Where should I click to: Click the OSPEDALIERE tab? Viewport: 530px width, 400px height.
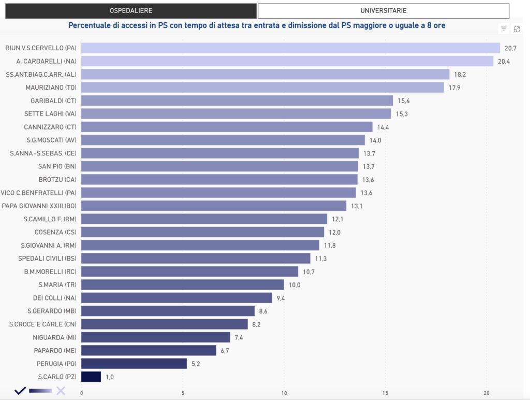point(131,10)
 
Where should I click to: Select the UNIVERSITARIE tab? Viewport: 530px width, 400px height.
point(383,10)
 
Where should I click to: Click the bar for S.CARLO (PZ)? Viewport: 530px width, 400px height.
point(91,377)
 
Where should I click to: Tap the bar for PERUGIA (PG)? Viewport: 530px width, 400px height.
point(134,363)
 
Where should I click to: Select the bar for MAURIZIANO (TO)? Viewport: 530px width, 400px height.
point(262,87)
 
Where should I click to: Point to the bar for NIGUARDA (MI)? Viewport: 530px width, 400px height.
point(155,337)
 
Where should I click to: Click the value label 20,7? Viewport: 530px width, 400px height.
point(510,48)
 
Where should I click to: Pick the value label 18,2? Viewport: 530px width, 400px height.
point(460,74)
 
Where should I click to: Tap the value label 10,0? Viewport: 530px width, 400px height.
point(295,284)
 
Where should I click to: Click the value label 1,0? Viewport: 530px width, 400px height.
point(110,377)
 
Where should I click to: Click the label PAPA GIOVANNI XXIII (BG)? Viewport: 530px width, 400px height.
point(39,206)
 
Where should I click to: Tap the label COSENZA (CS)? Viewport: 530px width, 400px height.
point(55,232)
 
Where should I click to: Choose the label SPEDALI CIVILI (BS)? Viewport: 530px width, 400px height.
point(47,258)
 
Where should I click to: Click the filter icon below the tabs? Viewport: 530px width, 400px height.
point(504,29)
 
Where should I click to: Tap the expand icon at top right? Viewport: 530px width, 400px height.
point(517,29)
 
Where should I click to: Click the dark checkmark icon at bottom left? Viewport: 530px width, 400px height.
point(20,391)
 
